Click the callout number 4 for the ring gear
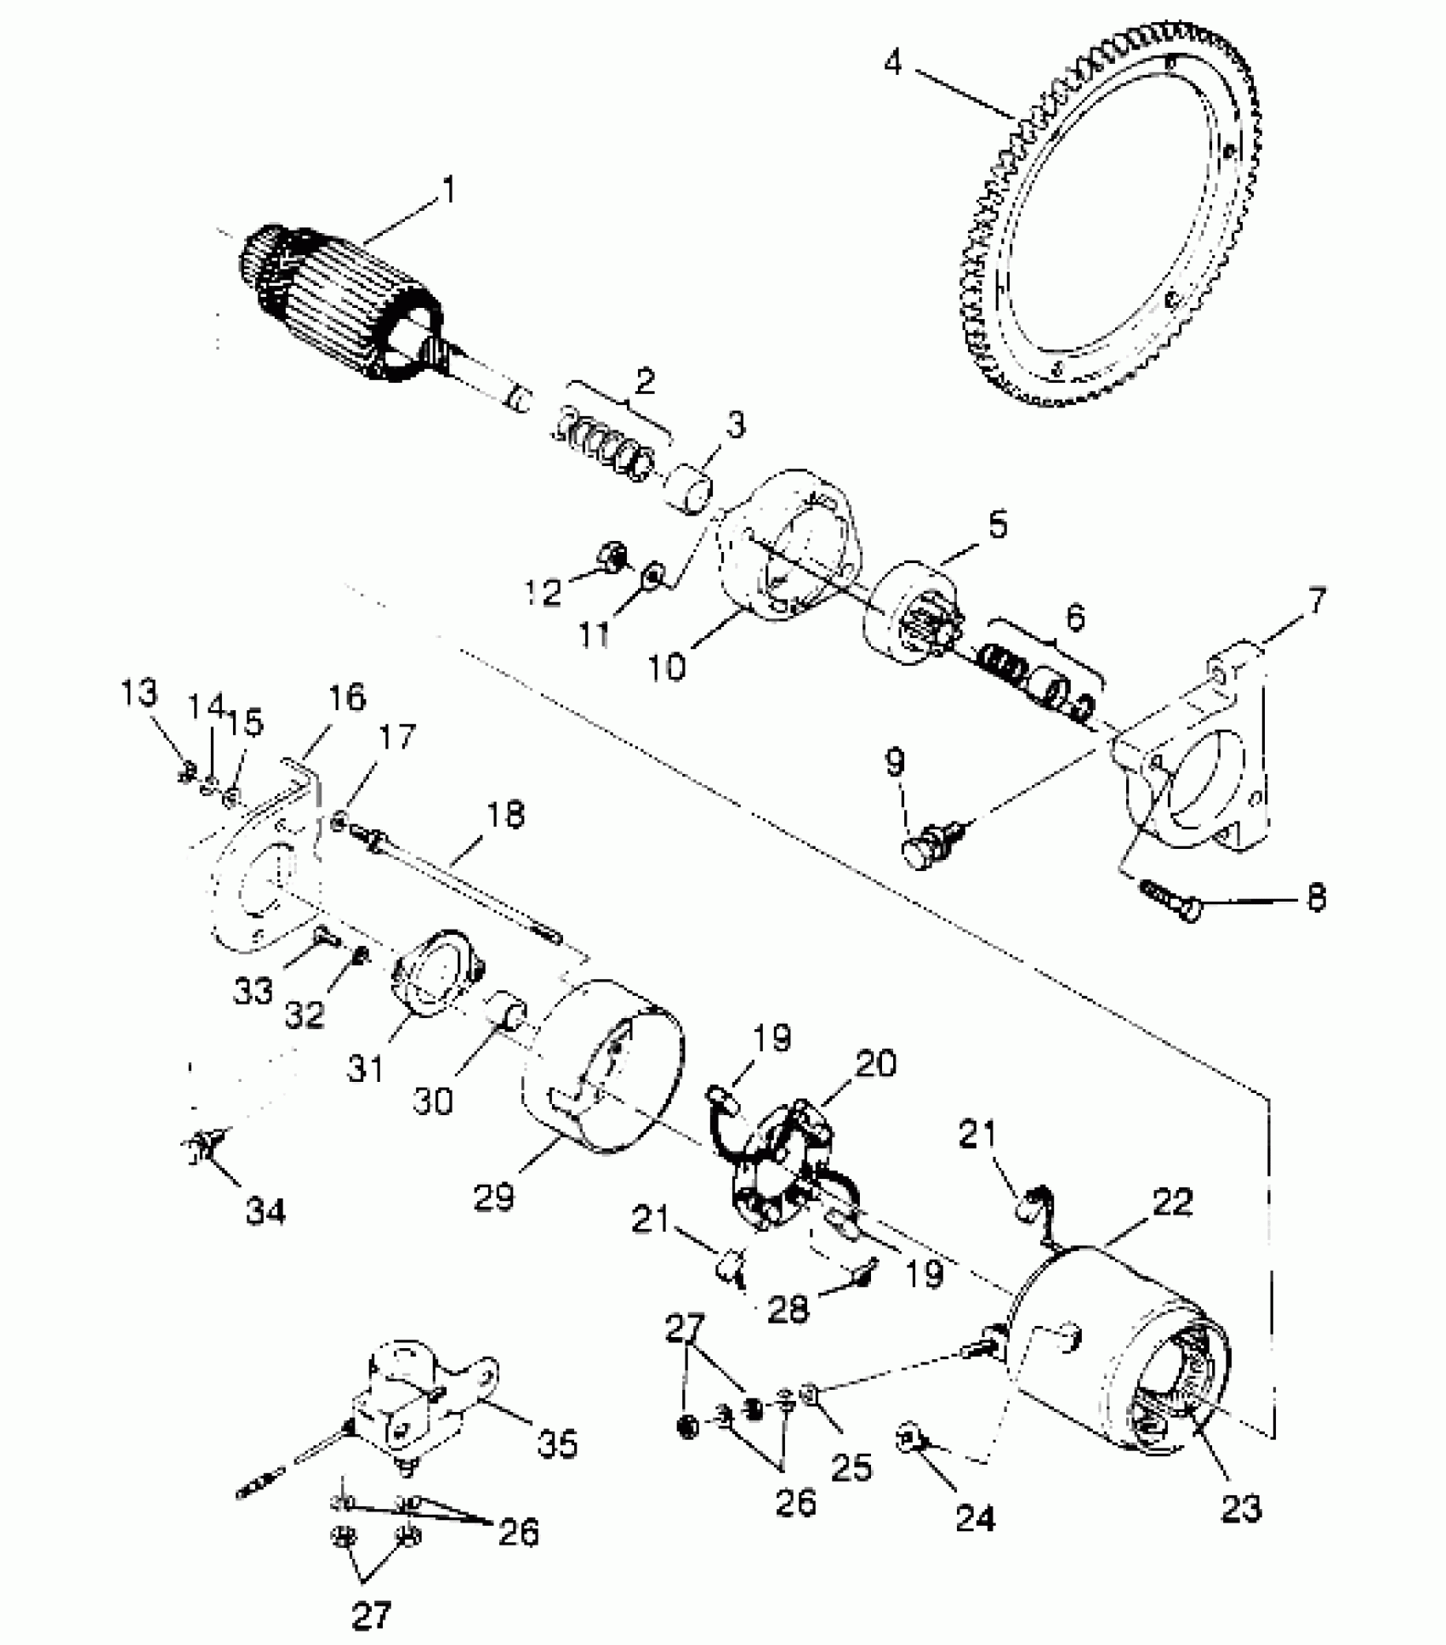point(892,62)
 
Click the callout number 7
point(1315,602)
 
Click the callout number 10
point(666,666)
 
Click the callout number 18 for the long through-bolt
point(505,814)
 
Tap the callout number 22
point(1173,1203)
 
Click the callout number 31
point(366,1067)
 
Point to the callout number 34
point(265,1210)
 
